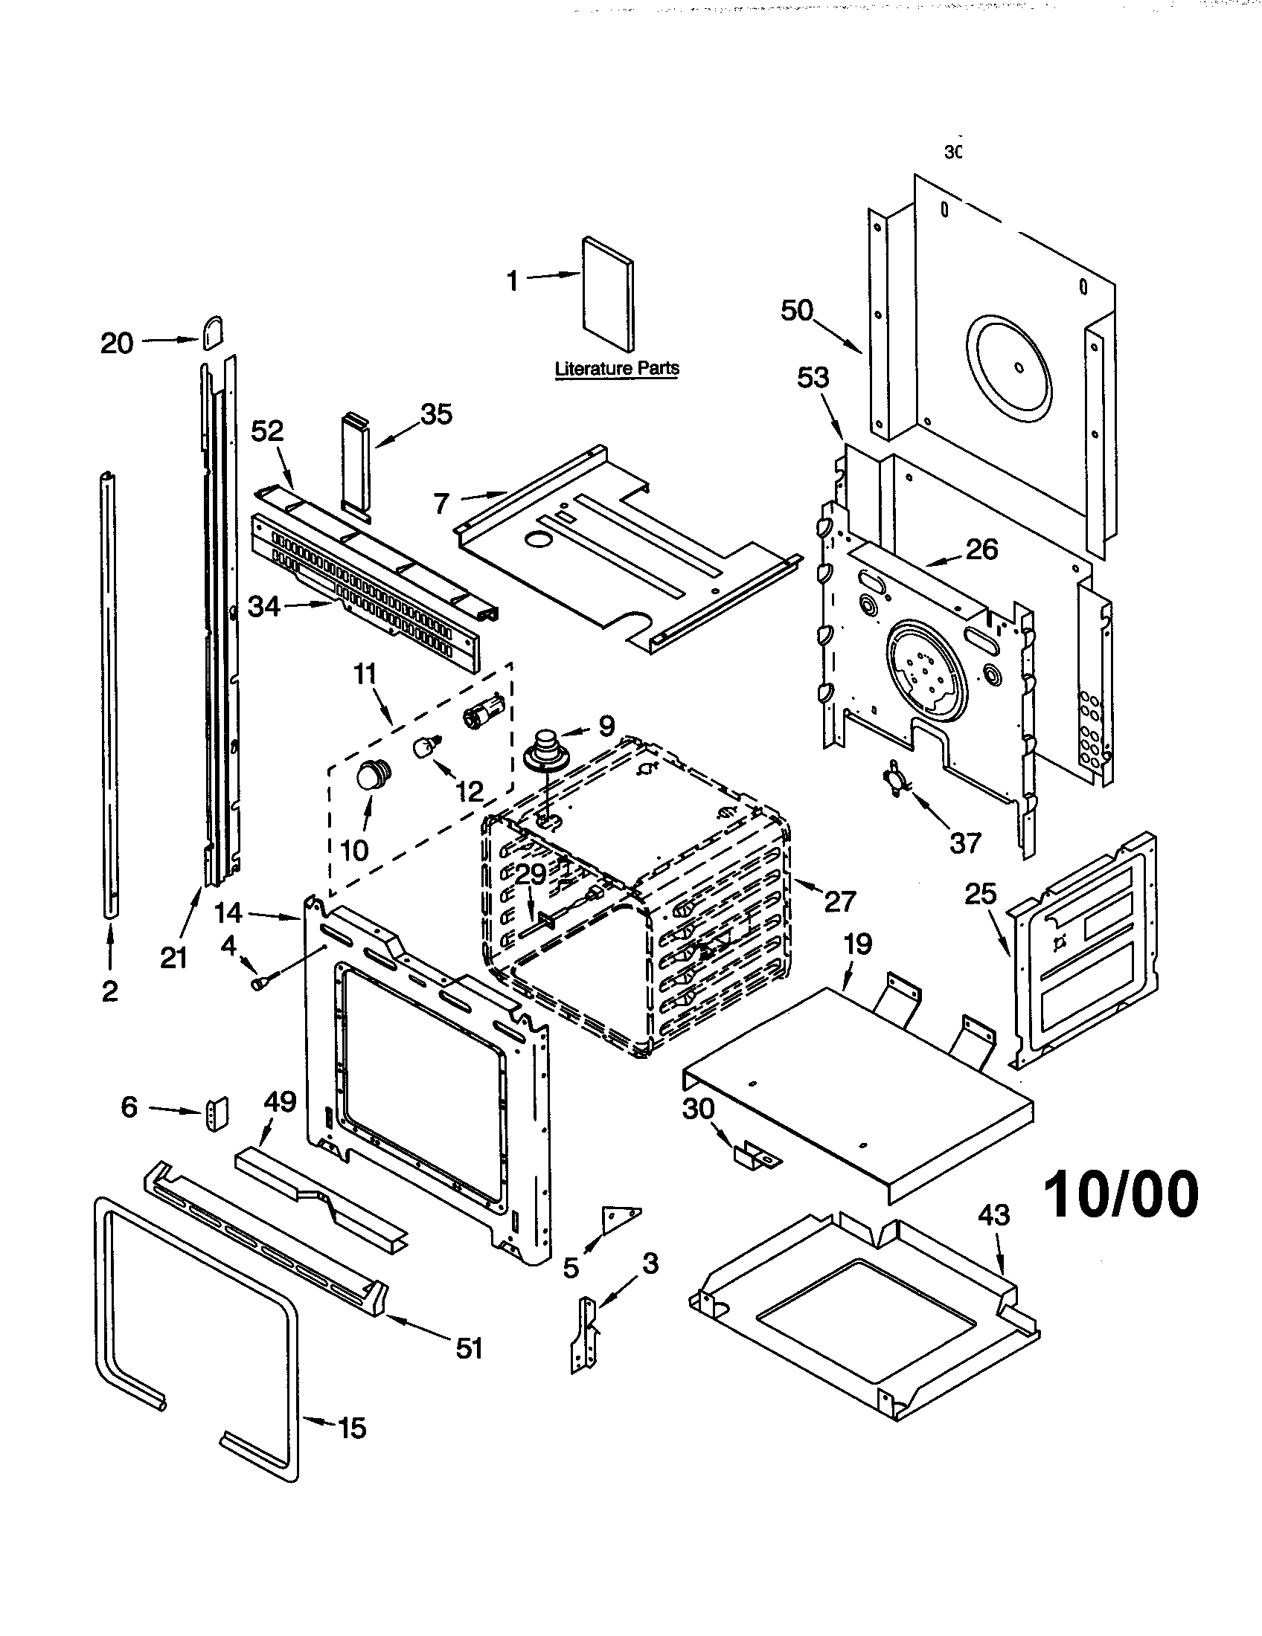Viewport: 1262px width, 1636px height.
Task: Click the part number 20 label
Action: [117, 344]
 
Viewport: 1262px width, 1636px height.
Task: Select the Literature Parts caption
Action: [617, 369]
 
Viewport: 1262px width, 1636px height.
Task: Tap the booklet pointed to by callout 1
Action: [608, 294]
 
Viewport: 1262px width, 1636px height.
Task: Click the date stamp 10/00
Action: [1121, 1194]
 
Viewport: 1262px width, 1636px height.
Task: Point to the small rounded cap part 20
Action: [211, 331]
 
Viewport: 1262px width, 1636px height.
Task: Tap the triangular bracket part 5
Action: [619, 1219]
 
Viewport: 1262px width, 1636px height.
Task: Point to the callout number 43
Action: [993, 1214]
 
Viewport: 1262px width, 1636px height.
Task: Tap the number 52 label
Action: [268, 431]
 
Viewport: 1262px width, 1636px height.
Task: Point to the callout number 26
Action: [982, 550]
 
